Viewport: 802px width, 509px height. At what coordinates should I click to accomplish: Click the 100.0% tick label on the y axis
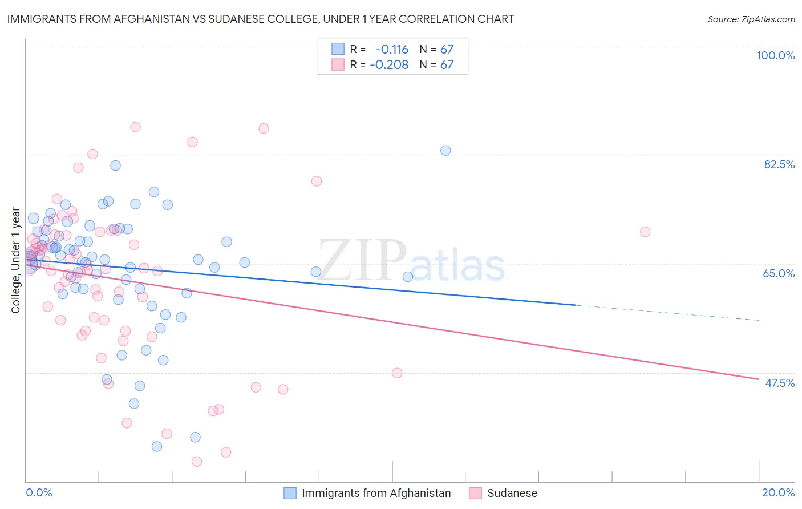tap(775, 55)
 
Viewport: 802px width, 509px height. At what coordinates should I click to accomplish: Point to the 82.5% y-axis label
tap(779, 164)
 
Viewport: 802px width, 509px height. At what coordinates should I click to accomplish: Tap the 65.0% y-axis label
tap(779, 273)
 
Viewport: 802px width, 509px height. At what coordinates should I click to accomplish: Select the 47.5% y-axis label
tap(779, 383)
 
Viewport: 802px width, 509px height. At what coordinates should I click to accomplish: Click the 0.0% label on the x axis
tap(39, 492)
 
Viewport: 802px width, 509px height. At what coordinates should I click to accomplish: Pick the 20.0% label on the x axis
tap(778, 492)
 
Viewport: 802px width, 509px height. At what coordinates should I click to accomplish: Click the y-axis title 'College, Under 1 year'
tap(15, 260)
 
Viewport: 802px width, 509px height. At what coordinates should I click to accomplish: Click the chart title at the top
tap(260, 19)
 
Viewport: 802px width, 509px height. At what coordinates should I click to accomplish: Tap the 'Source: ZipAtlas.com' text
tap(751, 19)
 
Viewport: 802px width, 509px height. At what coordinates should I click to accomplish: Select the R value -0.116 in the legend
tap(392, 49)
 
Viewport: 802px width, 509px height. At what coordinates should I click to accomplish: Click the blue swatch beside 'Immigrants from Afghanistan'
tap(290, 493)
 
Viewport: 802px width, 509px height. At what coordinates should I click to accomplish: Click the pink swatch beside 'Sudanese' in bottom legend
tap(475, 493)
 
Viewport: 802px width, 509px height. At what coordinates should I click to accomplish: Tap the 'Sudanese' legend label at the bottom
tap(512, 493)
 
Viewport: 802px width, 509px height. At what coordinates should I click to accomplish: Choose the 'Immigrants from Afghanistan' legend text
tap(376, 493)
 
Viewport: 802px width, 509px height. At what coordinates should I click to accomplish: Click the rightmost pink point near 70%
tap(645, 232)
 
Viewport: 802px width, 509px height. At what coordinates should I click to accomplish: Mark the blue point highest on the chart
tap(445, 151)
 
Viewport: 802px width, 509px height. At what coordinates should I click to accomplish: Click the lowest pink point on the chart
tap(197, 461)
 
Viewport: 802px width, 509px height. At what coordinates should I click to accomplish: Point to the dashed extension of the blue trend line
tap(667, 313)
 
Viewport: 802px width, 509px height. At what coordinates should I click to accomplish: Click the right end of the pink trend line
tap(758, 379)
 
